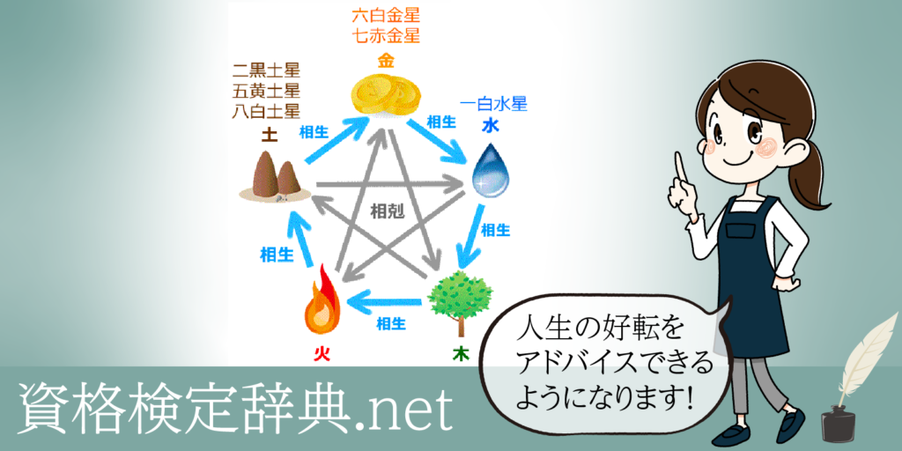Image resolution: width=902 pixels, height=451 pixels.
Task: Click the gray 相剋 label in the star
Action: [x=387, y=212]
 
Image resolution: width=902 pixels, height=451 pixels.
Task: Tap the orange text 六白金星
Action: [x=386, y=15]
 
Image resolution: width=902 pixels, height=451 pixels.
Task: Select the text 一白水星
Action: [x=494, y=105]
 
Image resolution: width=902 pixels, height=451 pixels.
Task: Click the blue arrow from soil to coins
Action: [x=337, y=140]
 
